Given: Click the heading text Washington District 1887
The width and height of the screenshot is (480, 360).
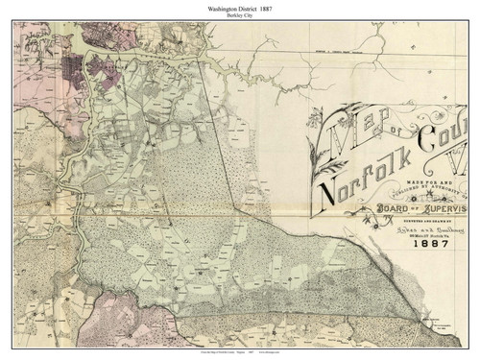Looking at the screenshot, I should [239, 8].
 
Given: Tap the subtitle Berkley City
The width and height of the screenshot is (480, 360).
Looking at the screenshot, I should [239, 17].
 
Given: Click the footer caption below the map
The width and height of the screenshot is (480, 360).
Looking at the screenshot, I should [239, 353].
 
